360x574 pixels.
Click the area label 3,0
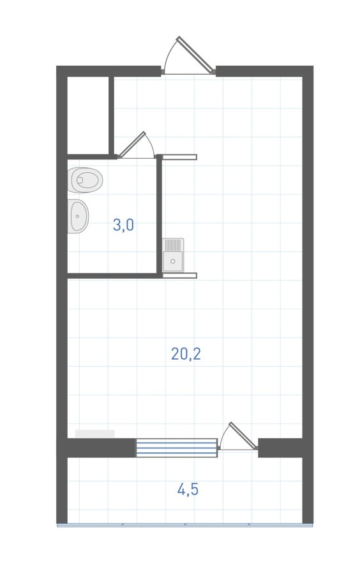(x=123, y=224)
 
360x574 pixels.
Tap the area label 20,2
(x=186, y=353)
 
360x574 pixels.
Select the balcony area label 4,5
(x=188, y=489)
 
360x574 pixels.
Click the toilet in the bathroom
(x=85, y=180)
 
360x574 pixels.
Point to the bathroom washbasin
(x=78, y=216)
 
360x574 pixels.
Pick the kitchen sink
(x=173, y=255)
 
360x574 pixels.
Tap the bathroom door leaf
(x=132, y=145)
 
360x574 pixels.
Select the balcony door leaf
(x=243, y=435)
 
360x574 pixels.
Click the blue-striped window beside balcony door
(x=177, y=448)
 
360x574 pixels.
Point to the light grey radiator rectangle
(x=95, y=434)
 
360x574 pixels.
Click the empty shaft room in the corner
(x=88, y=115)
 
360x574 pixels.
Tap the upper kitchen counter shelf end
(x=179, y=157)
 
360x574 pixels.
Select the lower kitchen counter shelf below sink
(x=179, y=276)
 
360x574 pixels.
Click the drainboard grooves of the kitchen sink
(x=173, y=245)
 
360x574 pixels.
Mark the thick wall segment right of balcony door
(x=280, y=448)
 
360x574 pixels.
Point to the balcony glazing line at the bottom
(x=185, y=525)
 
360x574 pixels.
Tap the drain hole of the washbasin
(x=78, y=216)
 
